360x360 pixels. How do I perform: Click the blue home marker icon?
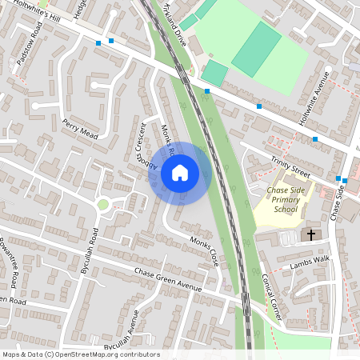[x=180, y=172]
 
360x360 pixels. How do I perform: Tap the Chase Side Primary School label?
[x=286, y=198]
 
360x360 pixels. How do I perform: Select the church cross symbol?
[x=311, y=235]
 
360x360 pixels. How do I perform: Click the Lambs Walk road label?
[x=310, y=262]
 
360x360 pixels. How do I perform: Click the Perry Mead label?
[x=79, y=129]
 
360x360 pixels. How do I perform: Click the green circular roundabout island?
[x=102, y=205]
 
